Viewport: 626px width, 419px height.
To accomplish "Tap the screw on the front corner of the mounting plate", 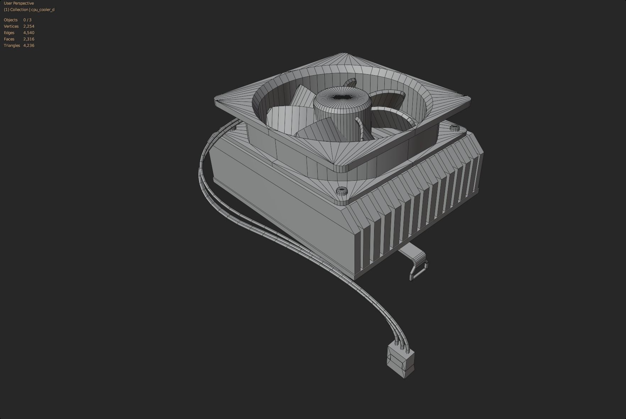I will tap(341, 192).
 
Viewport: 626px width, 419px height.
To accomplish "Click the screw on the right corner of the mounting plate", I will tap(454, 127).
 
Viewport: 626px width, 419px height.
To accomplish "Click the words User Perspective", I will tap(19, 3).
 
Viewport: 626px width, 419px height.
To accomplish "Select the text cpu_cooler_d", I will tap(43, 10).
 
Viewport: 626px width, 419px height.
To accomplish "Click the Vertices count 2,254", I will tap(29, 26).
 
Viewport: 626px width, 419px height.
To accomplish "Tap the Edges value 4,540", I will tap(29, 33).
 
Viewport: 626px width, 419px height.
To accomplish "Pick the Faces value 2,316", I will tap(29, 39).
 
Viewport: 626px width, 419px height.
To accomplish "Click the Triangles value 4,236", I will tap(29, 45).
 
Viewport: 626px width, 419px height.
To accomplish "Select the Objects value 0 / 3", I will tap(27, 20).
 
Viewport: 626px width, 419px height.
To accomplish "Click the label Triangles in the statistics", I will tap(12, 45).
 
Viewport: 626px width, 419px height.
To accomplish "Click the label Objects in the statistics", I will tap(11, 20).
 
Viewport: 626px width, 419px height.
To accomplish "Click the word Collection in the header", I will tap(19, 10).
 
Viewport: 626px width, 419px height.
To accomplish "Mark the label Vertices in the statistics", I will tap(11, 26).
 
